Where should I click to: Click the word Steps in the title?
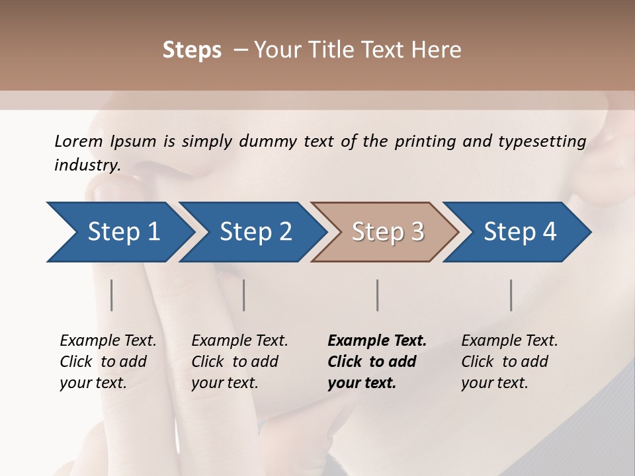pos(192,50)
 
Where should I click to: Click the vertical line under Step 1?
pos(112,295)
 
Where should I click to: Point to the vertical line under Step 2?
pos(244,295)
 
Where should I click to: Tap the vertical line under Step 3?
pos(378,295)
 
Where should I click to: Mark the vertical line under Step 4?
pos(511,295)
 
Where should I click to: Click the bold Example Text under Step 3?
pos(377,341)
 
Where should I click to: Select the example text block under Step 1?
pos(108,362)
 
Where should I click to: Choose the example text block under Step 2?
pos(239,362)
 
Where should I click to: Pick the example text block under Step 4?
pos(509,362)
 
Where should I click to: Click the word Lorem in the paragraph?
pos(79,141)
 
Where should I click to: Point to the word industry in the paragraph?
pos(87,165)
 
